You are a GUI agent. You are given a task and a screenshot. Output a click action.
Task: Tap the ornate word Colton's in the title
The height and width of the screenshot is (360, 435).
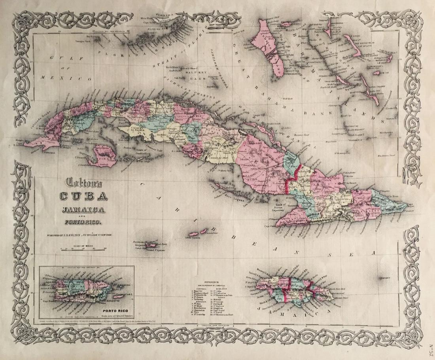coord(81,183)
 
